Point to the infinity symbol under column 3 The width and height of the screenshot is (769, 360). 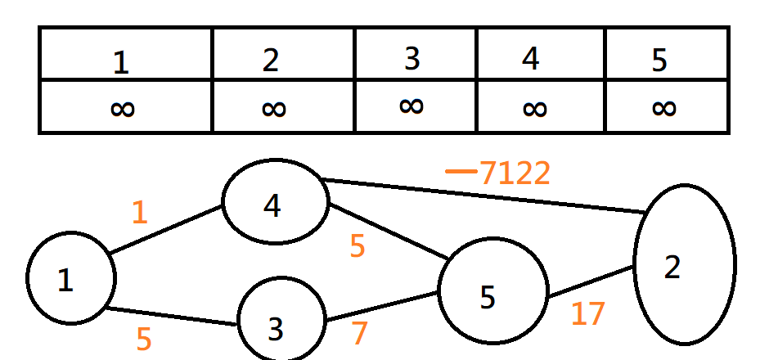(x=411, y=104)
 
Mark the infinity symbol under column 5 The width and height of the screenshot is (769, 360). (x=664, y=107)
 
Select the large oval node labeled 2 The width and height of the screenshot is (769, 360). (x=684, y=265)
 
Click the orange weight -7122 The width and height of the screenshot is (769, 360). (x=498, y=173)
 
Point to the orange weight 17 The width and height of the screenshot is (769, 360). (x=587, y=313)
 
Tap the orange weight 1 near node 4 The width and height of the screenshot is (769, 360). (x=140, y=212)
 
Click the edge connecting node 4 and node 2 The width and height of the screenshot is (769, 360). (x=483, y=196)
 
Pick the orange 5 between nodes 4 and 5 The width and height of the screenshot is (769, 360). (x=358, y=246)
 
